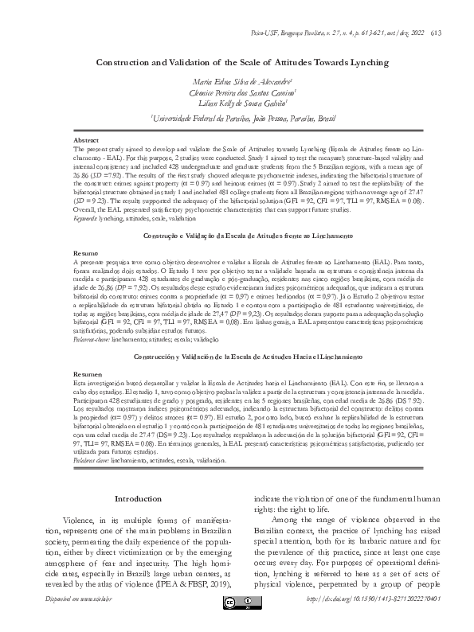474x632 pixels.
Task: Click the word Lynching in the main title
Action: point(359,62)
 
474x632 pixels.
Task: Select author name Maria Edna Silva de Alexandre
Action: point(237,82)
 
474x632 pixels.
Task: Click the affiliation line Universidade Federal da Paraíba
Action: point(237,119)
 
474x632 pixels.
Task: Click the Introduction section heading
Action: point(138,498)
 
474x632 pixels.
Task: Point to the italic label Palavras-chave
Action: point(91,340)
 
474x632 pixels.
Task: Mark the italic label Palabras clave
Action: point(90,461)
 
